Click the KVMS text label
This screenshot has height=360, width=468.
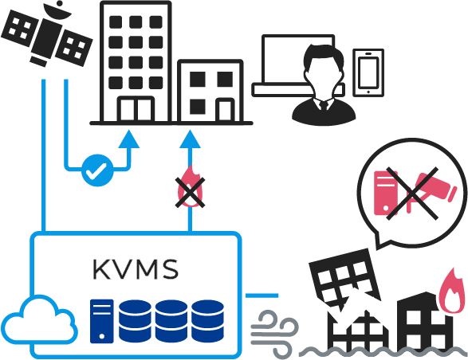coord(136,269)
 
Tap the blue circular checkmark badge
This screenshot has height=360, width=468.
coord(97,170)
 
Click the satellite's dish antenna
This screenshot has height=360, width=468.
coord(57,10)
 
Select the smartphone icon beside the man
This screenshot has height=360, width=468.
coord(368,72)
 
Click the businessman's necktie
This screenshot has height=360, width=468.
coord(324,106)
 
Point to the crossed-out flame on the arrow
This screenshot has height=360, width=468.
coord(190,187)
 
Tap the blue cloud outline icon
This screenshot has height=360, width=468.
coord(39,319)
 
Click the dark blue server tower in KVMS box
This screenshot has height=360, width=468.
coord(102,321)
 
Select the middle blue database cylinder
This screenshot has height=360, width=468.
coord(171,321)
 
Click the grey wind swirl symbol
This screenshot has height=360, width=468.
coord(274,334)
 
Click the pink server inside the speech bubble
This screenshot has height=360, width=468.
coord(386,193)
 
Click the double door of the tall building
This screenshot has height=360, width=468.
coord(136,109)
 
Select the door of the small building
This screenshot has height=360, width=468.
coord(225,110)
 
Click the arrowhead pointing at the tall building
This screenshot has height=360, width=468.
coord(129,139)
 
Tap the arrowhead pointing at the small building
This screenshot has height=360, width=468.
coord(190,139)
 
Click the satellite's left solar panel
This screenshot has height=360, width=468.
coord(20,28)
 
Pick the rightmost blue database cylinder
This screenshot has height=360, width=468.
coord(207,321)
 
